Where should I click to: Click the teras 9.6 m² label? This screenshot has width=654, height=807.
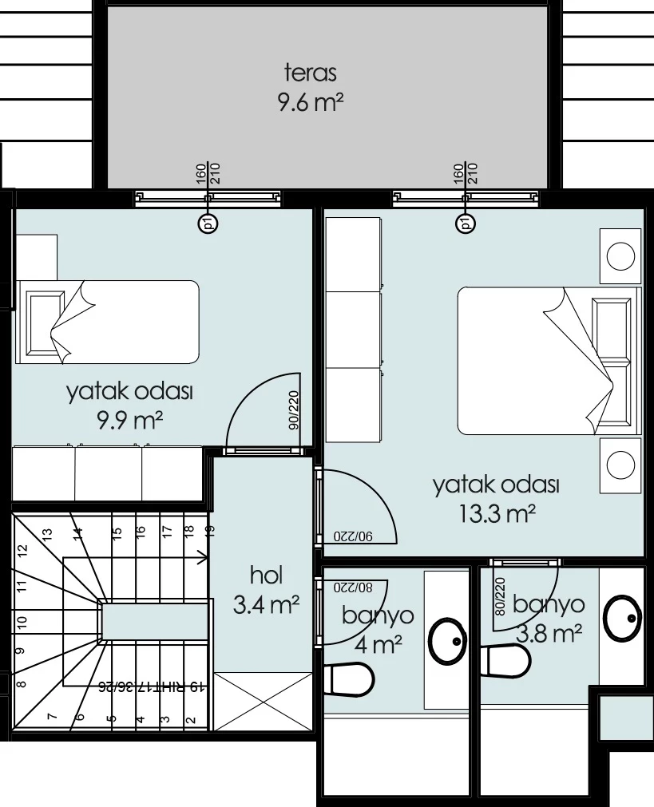coord(311,87)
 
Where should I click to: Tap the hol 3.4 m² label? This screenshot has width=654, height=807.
coord(266,590)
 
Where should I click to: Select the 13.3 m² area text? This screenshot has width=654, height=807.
coord(497,512)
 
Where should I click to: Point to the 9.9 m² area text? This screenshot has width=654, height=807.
coord(130,421)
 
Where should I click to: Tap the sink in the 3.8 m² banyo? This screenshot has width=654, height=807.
coord(623,618)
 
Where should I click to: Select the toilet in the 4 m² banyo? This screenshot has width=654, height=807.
coord(348,679)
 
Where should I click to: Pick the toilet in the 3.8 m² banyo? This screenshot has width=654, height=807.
coord(505,660)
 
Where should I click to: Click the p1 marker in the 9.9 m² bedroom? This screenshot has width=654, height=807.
coord(208,224)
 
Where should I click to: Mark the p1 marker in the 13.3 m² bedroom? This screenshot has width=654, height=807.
coord(465,224)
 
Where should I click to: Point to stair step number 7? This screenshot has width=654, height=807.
coord(51,716)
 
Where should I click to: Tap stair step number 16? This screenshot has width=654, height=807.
coord(140,531)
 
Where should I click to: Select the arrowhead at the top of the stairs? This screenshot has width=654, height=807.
coord(204,557)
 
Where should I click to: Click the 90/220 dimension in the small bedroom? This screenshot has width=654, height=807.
coord(293,410)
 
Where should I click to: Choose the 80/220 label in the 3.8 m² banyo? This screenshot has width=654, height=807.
coord(499,597)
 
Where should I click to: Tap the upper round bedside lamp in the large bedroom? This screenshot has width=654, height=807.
coord(620,256)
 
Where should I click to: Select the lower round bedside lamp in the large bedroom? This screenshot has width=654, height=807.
coord(620,465)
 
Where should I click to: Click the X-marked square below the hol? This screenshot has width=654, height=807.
coord(263,701)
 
